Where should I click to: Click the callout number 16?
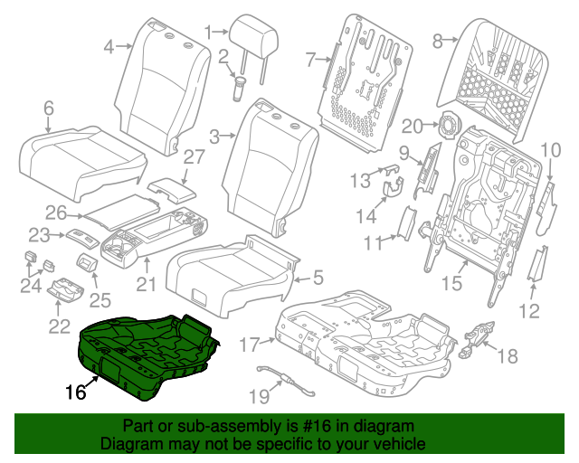coord(76,392)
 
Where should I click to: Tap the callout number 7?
coord(309,59)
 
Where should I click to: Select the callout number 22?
coord(60,326)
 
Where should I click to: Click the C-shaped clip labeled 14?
coord(394,189)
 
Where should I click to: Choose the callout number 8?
coord(438,39)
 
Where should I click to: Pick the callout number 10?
coord(551,150)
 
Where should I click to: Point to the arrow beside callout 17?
coord(269,341)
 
